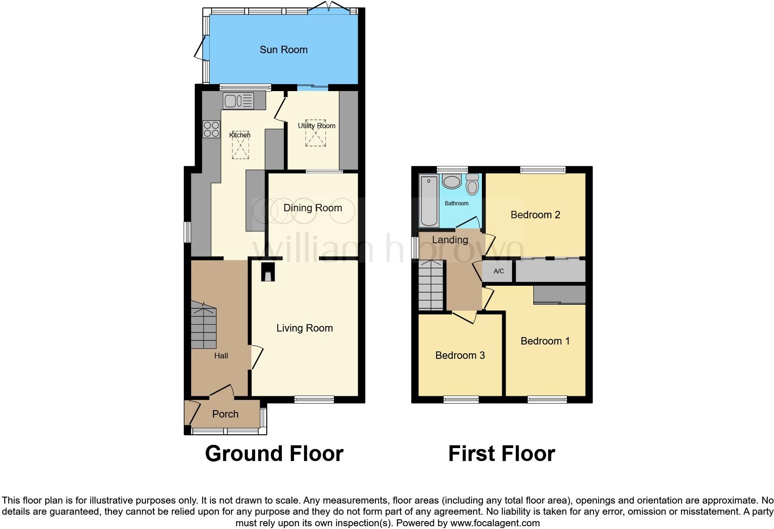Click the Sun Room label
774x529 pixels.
click(x=283, y=49)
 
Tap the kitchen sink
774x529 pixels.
click(x=238, y=100)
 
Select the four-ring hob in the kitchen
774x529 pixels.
click(x=212, y=129)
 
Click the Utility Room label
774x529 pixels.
click(x=317, y=126)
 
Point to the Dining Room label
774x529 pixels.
click(x=312, y=208)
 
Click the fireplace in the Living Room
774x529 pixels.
click(x=268, y=272)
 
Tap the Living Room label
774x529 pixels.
click(x=305, y=328)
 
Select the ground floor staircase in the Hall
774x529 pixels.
click(x=203, y=325)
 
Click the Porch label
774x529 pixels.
click(x=225, y=414)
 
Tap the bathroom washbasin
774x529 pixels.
click(x=451, y=181)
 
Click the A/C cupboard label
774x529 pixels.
click(x=499, y=271)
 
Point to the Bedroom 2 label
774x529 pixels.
click(x=535, y=215)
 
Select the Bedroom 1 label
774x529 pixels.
click(x=545, y=341)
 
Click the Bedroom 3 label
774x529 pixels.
click(x=460, y=355)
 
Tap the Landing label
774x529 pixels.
click(x=450, y=240)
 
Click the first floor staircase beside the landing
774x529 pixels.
click(x=431, y=285)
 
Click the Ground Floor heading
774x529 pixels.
click(x=274, y=454)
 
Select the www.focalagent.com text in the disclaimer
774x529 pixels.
click(x=495, y=523)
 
